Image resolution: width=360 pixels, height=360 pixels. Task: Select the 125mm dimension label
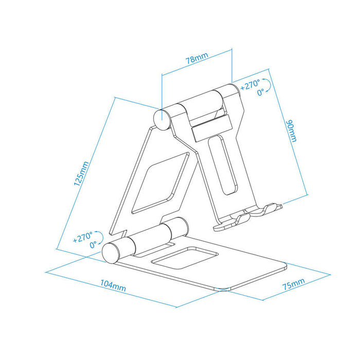tap(81, 173)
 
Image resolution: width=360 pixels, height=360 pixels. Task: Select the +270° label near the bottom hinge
tap(84, 238)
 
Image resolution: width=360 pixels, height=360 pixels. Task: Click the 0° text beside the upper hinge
tap(261, 92)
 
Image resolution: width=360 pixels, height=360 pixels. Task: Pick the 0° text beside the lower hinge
tap(93, 245)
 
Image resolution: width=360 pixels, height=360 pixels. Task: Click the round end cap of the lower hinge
tap(112, 251)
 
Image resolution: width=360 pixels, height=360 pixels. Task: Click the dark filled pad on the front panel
tap(209, 127)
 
